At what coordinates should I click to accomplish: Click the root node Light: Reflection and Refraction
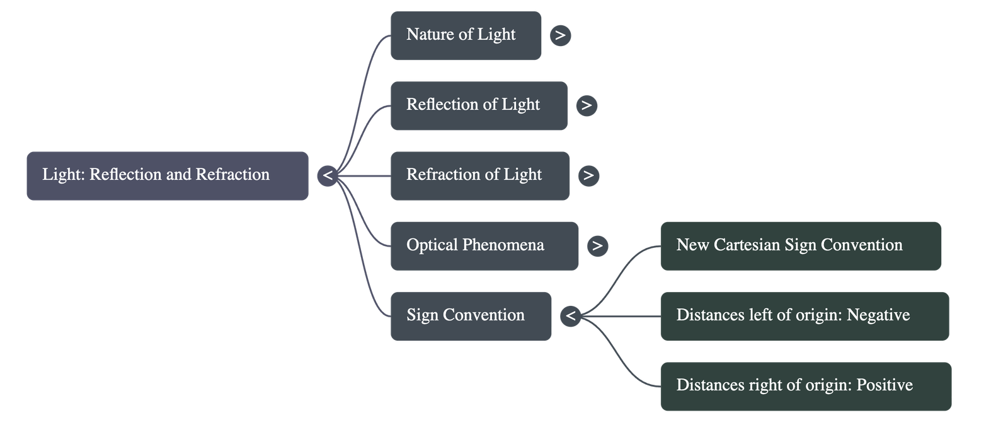coord(167,175)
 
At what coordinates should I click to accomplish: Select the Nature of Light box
coord(466,35)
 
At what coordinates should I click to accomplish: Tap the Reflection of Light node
coord(479,105)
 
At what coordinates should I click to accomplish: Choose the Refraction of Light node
coord(480,175)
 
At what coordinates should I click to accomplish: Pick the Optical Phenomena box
coord(484,245)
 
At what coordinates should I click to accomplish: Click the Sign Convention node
coord(471,316)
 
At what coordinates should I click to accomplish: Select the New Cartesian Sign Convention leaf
coord(801,245)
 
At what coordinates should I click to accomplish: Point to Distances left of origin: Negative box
coord(805,316)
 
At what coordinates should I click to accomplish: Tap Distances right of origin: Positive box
coord(806,386)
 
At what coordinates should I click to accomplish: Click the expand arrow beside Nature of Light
coord(560,35)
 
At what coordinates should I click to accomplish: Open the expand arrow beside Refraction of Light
coord(588,175)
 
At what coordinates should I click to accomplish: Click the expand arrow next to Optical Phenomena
coord(597,245)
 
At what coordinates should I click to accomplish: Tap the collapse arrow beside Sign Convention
coord(570,315)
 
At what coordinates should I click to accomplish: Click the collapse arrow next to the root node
coord(328,175)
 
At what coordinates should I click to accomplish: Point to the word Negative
coord(878,315)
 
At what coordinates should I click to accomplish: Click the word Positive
coord(885,385)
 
